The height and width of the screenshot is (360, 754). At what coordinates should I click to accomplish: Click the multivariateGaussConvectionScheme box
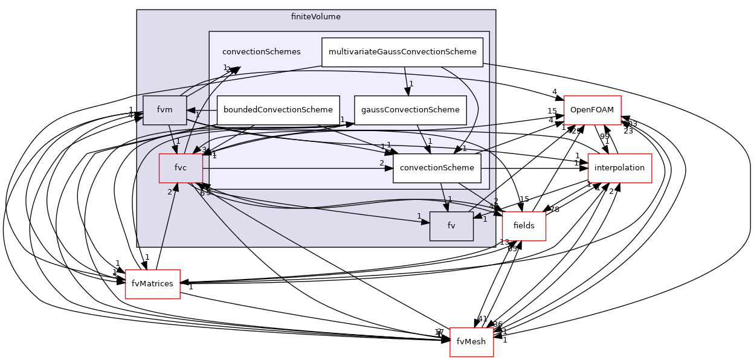[x=402, y=52]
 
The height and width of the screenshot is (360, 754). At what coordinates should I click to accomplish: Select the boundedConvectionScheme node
[x=278, y=110]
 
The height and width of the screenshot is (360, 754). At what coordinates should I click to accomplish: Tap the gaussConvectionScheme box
[x=410, y=110]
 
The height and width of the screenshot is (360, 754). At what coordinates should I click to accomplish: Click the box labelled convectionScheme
[x=437, y=168]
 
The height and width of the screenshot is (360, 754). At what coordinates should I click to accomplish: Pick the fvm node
[x=164, y=110]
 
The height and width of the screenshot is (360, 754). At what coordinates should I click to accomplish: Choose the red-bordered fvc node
[x=180, y=168]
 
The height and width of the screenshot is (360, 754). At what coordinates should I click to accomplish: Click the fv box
[x=451, y=226]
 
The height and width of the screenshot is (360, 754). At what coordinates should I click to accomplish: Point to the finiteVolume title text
[x=315, y=17]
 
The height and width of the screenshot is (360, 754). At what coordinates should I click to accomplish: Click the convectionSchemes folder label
[x=261, y=52]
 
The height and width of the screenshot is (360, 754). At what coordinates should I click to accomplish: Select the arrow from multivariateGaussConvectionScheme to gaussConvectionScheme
[x=406, y=81]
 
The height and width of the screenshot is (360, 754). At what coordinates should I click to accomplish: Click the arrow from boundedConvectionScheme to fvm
[x=202, y=111]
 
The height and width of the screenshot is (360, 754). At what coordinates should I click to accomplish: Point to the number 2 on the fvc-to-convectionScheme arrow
[x=382, y=163]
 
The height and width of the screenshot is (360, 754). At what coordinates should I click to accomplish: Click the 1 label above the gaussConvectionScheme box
[x=411, y=84]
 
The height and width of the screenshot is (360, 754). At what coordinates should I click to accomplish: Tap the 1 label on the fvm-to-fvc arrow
[x=178, y=141]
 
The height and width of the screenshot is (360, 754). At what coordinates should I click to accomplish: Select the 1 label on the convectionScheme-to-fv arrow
[x=449, y=199]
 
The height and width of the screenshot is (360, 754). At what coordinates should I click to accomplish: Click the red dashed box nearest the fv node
[x=524, y=227]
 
